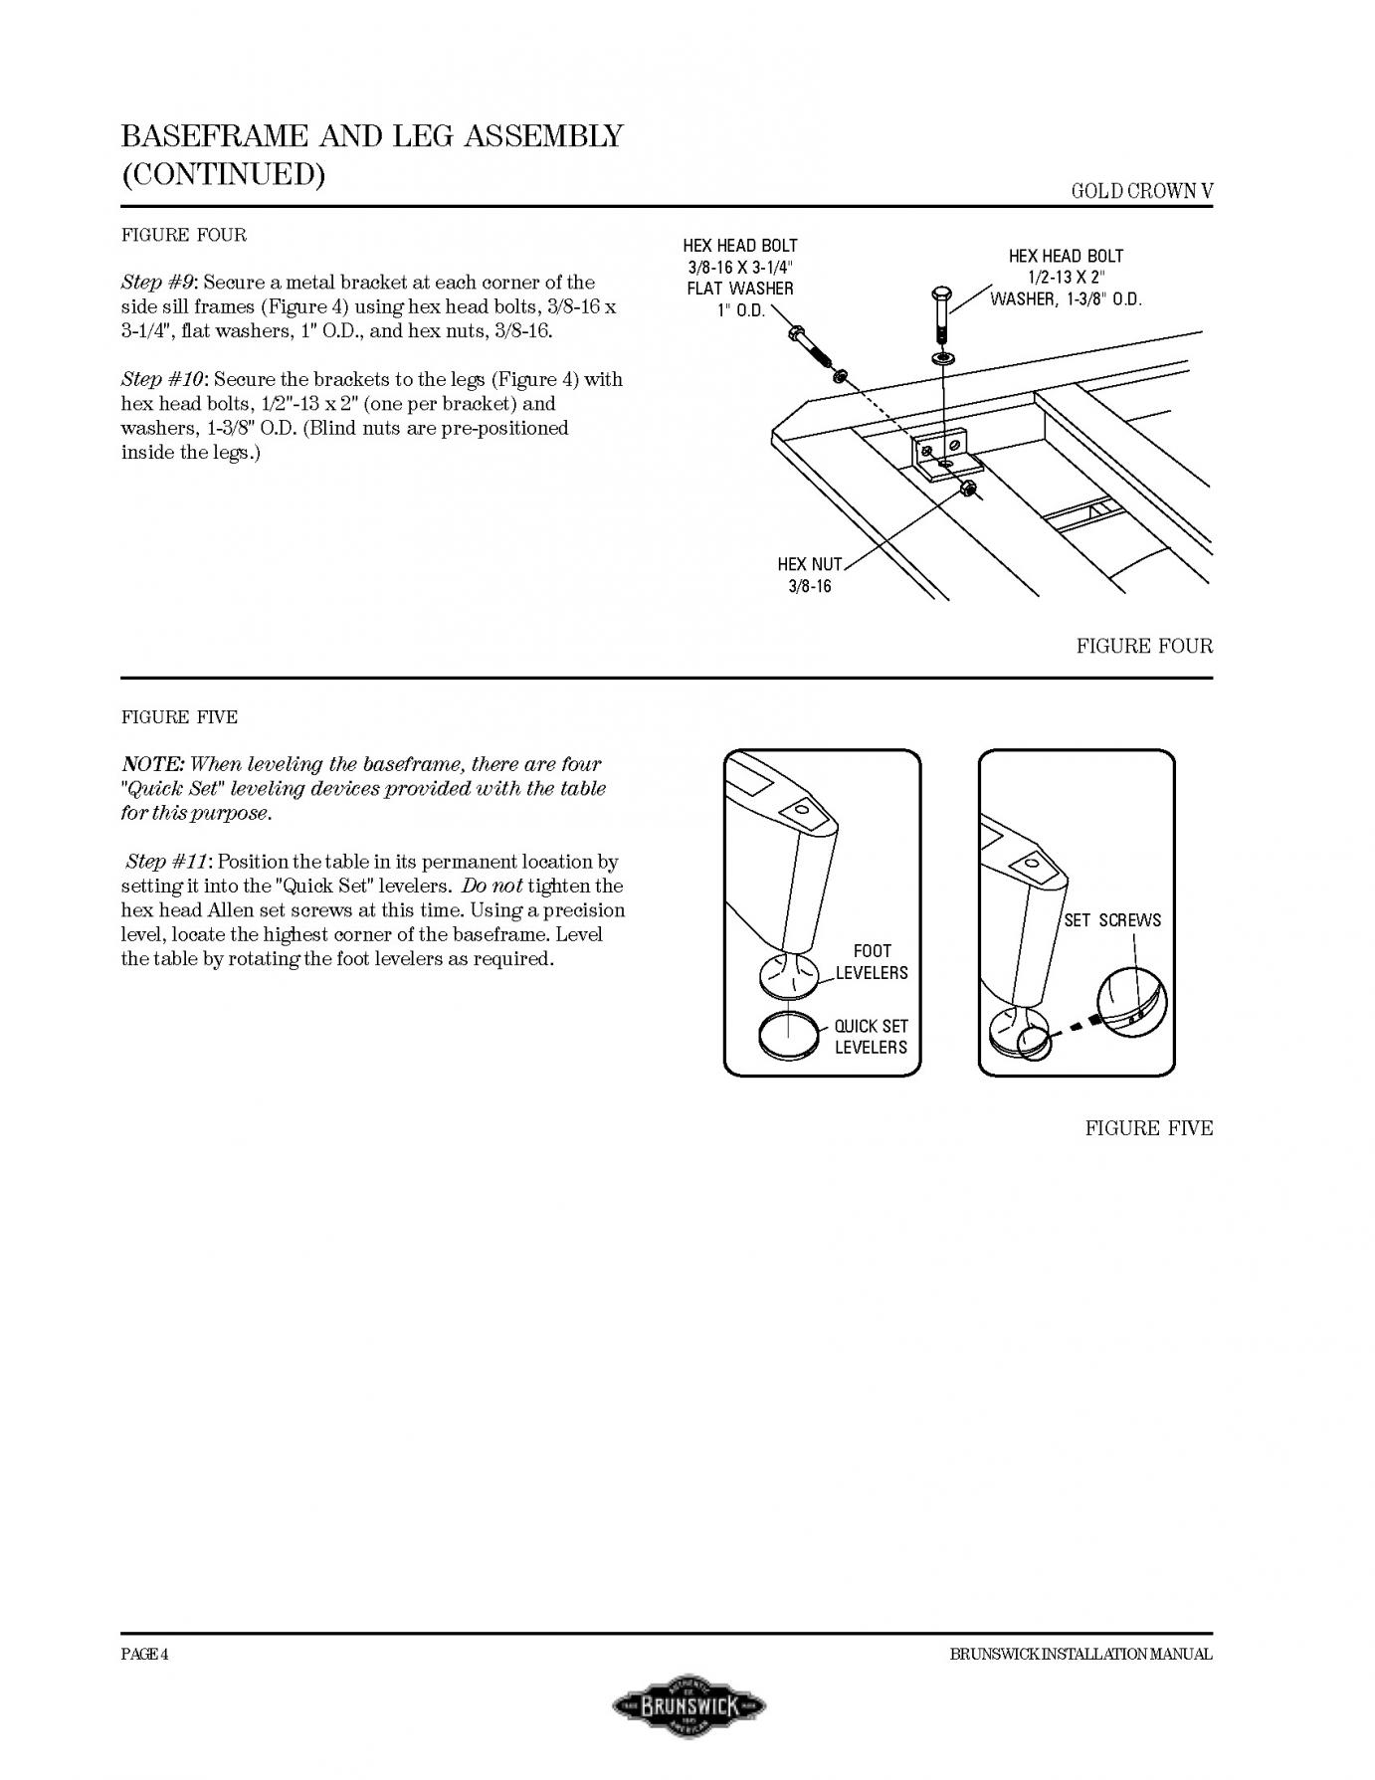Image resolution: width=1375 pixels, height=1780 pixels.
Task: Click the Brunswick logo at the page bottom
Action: [688, 1705]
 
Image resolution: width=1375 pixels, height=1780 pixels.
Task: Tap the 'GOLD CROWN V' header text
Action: [1142, 191]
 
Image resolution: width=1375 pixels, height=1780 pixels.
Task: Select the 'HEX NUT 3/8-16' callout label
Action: [810, 575]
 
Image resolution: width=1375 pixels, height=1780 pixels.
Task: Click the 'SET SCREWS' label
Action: [1112, 920]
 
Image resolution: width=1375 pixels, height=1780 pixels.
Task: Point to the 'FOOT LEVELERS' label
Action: [872, 962]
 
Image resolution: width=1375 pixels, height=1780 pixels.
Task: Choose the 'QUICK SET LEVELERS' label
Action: [871, 1037]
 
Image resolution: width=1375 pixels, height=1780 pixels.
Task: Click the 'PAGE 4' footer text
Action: [144, 1655]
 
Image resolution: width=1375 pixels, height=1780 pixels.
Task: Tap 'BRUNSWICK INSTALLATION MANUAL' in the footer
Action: [1080, 1655]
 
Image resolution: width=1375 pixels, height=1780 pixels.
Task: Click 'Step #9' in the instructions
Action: [158, 283]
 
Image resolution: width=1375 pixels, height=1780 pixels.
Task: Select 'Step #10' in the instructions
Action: [163, 379]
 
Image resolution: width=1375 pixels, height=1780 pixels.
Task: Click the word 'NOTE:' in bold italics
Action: [152, 764]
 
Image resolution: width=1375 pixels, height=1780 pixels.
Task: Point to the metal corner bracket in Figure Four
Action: [942, 453]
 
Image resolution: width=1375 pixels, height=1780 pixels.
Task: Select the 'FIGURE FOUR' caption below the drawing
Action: [1144, 647]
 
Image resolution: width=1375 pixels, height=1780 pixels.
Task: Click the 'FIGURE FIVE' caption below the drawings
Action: [1148, 1128]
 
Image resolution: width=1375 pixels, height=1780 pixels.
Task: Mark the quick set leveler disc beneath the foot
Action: [787, 1035]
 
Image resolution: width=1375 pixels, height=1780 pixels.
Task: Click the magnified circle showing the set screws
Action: [1132, 1003]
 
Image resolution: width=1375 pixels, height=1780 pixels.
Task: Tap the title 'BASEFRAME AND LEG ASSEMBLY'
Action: [372, 135]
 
